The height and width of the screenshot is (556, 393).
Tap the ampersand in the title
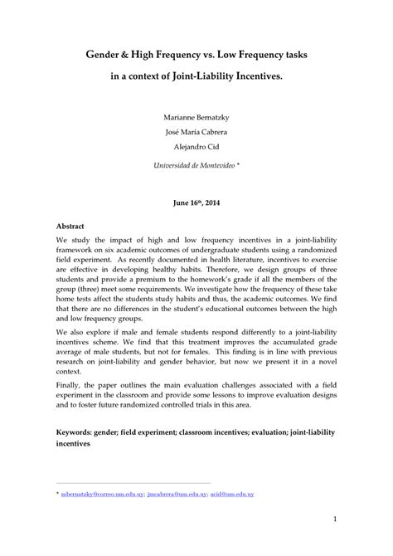tap(131, 53)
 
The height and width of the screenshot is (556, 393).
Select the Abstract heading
tap(70, 225)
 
